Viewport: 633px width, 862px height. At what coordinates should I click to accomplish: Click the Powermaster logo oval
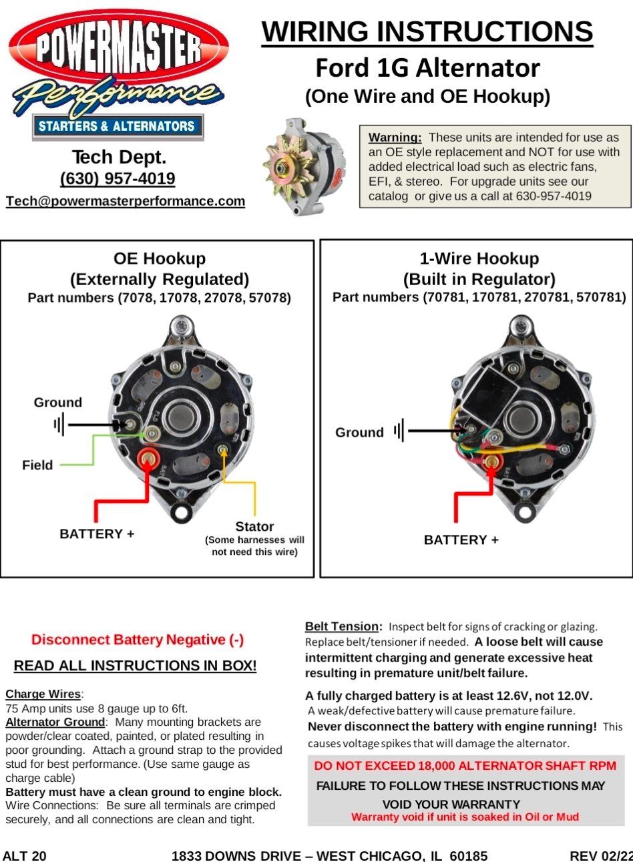(118, 50)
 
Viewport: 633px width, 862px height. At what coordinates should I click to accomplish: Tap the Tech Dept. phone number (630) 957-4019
(118, 179)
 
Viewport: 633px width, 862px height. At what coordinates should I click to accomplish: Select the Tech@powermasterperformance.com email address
(126, 201)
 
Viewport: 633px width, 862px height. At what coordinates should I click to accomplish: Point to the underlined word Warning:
(395, 138)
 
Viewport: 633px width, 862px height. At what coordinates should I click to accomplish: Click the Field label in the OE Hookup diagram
(37, 465)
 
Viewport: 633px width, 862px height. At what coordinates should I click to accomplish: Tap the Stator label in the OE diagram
(254, 526)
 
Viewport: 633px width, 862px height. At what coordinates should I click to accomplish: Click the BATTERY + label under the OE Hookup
(97, 533)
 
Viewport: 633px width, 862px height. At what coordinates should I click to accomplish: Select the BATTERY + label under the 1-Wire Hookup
(461, 540)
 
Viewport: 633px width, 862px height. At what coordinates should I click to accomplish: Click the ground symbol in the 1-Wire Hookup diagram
(399, 431)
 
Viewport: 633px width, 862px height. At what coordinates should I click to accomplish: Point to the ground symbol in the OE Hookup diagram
(59, 424)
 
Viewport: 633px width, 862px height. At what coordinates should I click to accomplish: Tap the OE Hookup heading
(160, 258)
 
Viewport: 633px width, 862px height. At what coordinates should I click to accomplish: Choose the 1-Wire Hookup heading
(479, 258)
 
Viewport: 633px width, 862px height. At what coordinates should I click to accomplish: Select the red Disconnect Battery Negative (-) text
(138, 640)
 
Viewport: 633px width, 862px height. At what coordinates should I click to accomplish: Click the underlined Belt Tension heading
(343, 626)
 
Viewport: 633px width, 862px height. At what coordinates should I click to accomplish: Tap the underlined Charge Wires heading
(43, 694)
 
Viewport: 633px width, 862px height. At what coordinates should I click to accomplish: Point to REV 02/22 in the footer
(600, 855)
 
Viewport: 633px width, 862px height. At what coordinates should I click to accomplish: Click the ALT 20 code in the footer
(25, 855)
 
